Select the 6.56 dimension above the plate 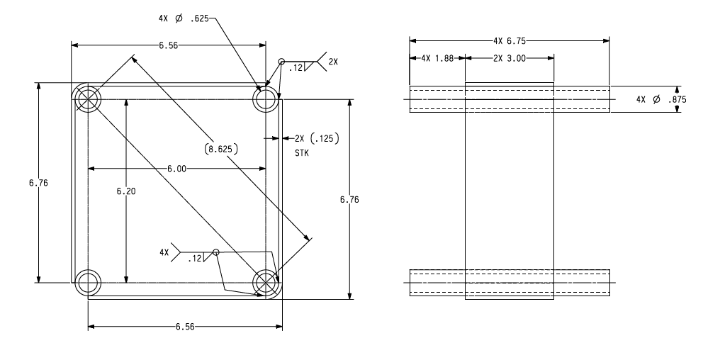coord(168,45)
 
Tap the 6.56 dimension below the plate coord(185,327)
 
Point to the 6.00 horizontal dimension coord(176,169)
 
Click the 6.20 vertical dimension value coord(125,191)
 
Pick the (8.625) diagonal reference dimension coord(220,149)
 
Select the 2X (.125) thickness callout coord(311,138)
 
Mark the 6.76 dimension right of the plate coord(349,200)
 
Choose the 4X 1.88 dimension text coord(436,59)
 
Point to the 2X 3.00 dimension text coord(509,59)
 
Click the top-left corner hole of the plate coord(88,99)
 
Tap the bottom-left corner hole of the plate coord(88,282)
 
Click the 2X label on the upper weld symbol coord(334,62)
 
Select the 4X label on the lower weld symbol coord(164,252)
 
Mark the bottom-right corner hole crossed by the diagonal coord(266,282)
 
